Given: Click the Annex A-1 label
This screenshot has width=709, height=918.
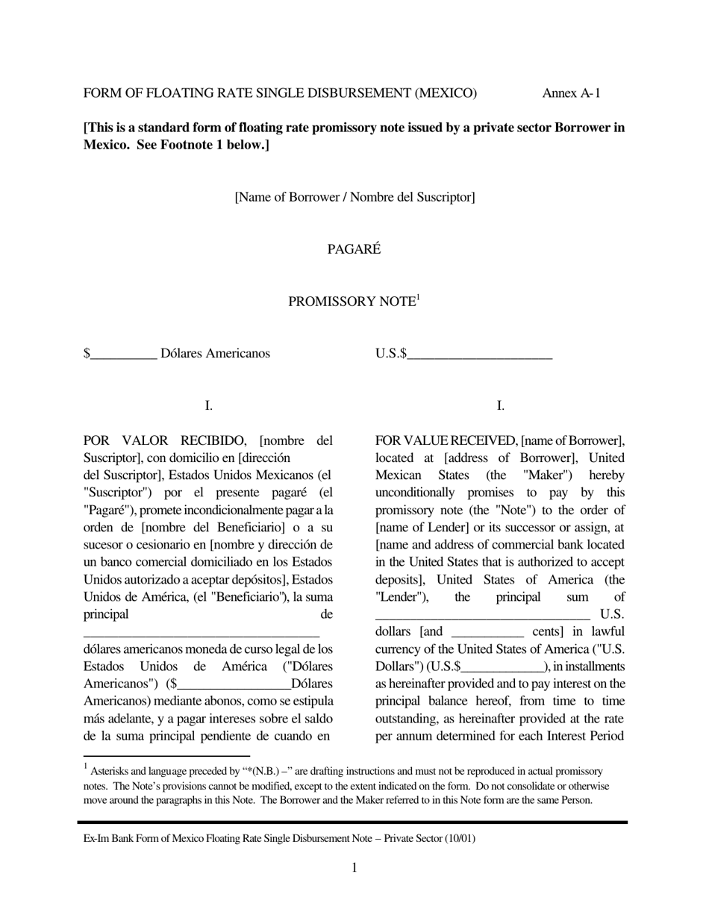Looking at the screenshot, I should (x=571, y=93).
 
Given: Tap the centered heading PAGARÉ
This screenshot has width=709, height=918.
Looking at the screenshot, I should (x=354, y=249).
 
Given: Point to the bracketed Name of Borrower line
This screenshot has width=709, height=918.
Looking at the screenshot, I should (x=354, y=197).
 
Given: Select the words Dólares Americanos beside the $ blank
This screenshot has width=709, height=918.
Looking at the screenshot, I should (x=215, y=353).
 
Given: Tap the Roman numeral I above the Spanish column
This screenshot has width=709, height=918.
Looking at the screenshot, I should (x=208, y=406).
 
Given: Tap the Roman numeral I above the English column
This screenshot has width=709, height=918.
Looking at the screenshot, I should (x=500, y=406).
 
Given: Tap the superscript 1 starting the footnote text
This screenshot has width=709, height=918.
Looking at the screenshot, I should (x=86, y=766).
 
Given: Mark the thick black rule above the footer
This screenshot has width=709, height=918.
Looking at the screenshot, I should (x=352, y=822).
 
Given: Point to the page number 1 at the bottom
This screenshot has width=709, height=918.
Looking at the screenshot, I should (x=354, y=867).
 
